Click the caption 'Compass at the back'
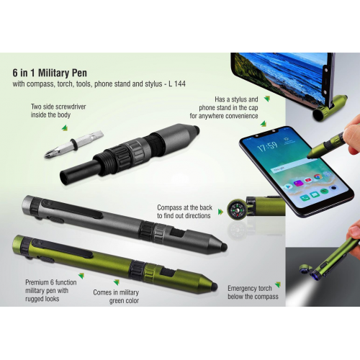[184, 211]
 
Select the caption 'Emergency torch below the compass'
[251, 290]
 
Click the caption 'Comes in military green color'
[115, 297]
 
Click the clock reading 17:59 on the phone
[268, 145]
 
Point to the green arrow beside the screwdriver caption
[65, 128]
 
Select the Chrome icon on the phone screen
[317, 176]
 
